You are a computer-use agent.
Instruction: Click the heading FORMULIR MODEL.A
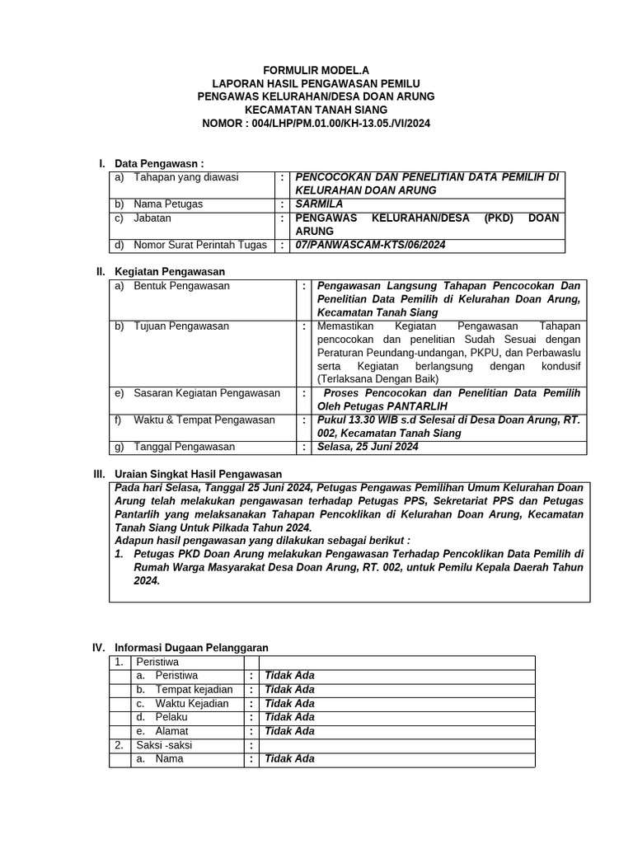316,72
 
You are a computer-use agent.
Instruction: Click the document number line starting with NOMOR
316,123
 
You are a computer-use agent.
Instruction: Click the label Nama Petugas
168,204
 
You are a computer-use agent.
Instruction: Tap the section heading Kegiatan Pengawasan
170,271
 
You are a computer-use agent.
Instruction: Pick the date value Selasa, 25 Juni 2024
368,447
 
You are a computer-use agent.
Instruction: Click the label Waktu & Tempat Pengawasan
204,420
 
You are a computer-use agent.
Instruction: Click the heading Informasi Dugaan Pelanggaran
191,648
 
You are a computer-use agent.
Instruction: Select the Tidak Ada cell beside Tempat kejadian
289,690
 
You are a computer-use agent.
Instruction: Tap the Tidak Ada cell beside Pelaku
289,717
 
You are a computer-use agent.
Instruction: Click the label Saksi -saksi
165,745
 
